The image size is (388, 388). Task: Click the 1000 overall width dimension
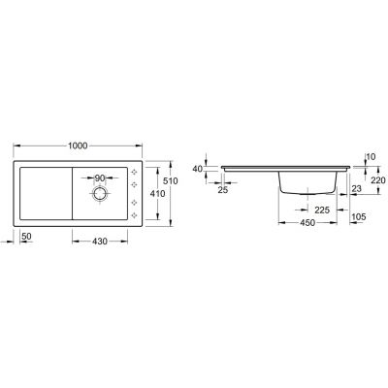[78, 145]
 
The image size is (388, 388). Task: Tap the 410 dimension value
[154, 194]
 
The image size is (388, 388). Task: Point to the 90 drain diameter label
[102, 178]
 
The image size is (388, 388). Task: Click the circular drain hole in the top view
[100, 194]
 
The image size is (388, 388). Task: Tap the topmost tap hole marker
[134, 175]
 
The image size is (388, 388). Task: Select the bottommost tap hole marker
[134, 216]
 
